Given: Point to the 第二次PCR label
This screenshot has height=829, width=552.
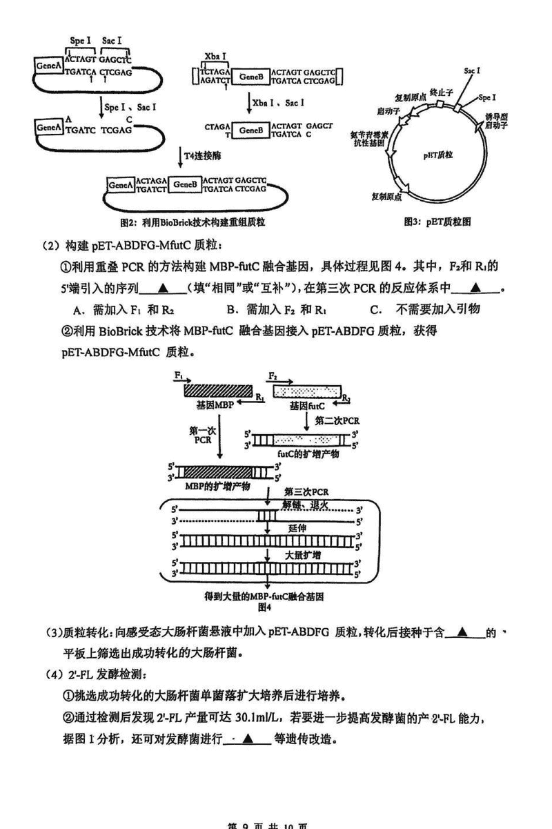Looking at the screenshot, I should (337, 420).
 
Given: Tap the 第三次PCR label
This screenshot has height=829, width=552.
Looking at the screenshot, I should (307, 491).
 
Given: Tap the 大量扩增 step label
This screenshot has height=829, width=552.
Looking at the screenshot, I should (303, 555).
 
